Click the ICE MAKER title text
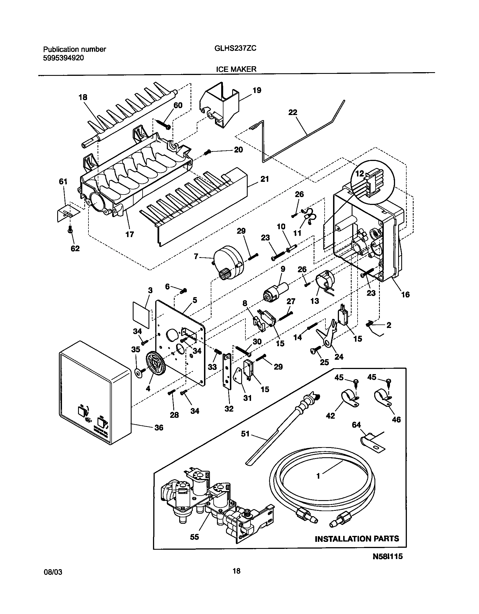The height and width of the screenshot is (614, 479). point(236,69)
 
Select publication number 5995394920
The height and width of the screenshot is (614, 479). point(63,58)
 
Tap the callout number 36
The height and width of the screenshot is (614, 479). point(159,428)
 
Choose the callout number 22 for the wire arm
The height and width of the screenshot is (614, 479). point(293,112)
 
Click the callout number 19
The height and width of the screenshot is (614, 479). point(257,90)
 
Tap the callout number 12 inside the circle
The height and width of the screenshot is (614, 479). point(360,174)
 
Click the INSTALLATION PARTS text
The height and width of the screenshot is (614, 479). point(357,539)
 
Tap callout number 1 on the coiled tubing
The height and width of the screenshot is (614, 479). point(318,476)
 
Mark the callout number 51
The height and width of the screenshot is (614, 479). point(245,433)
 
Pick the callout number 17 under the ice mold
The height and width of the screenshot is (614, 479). point(130,234)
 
